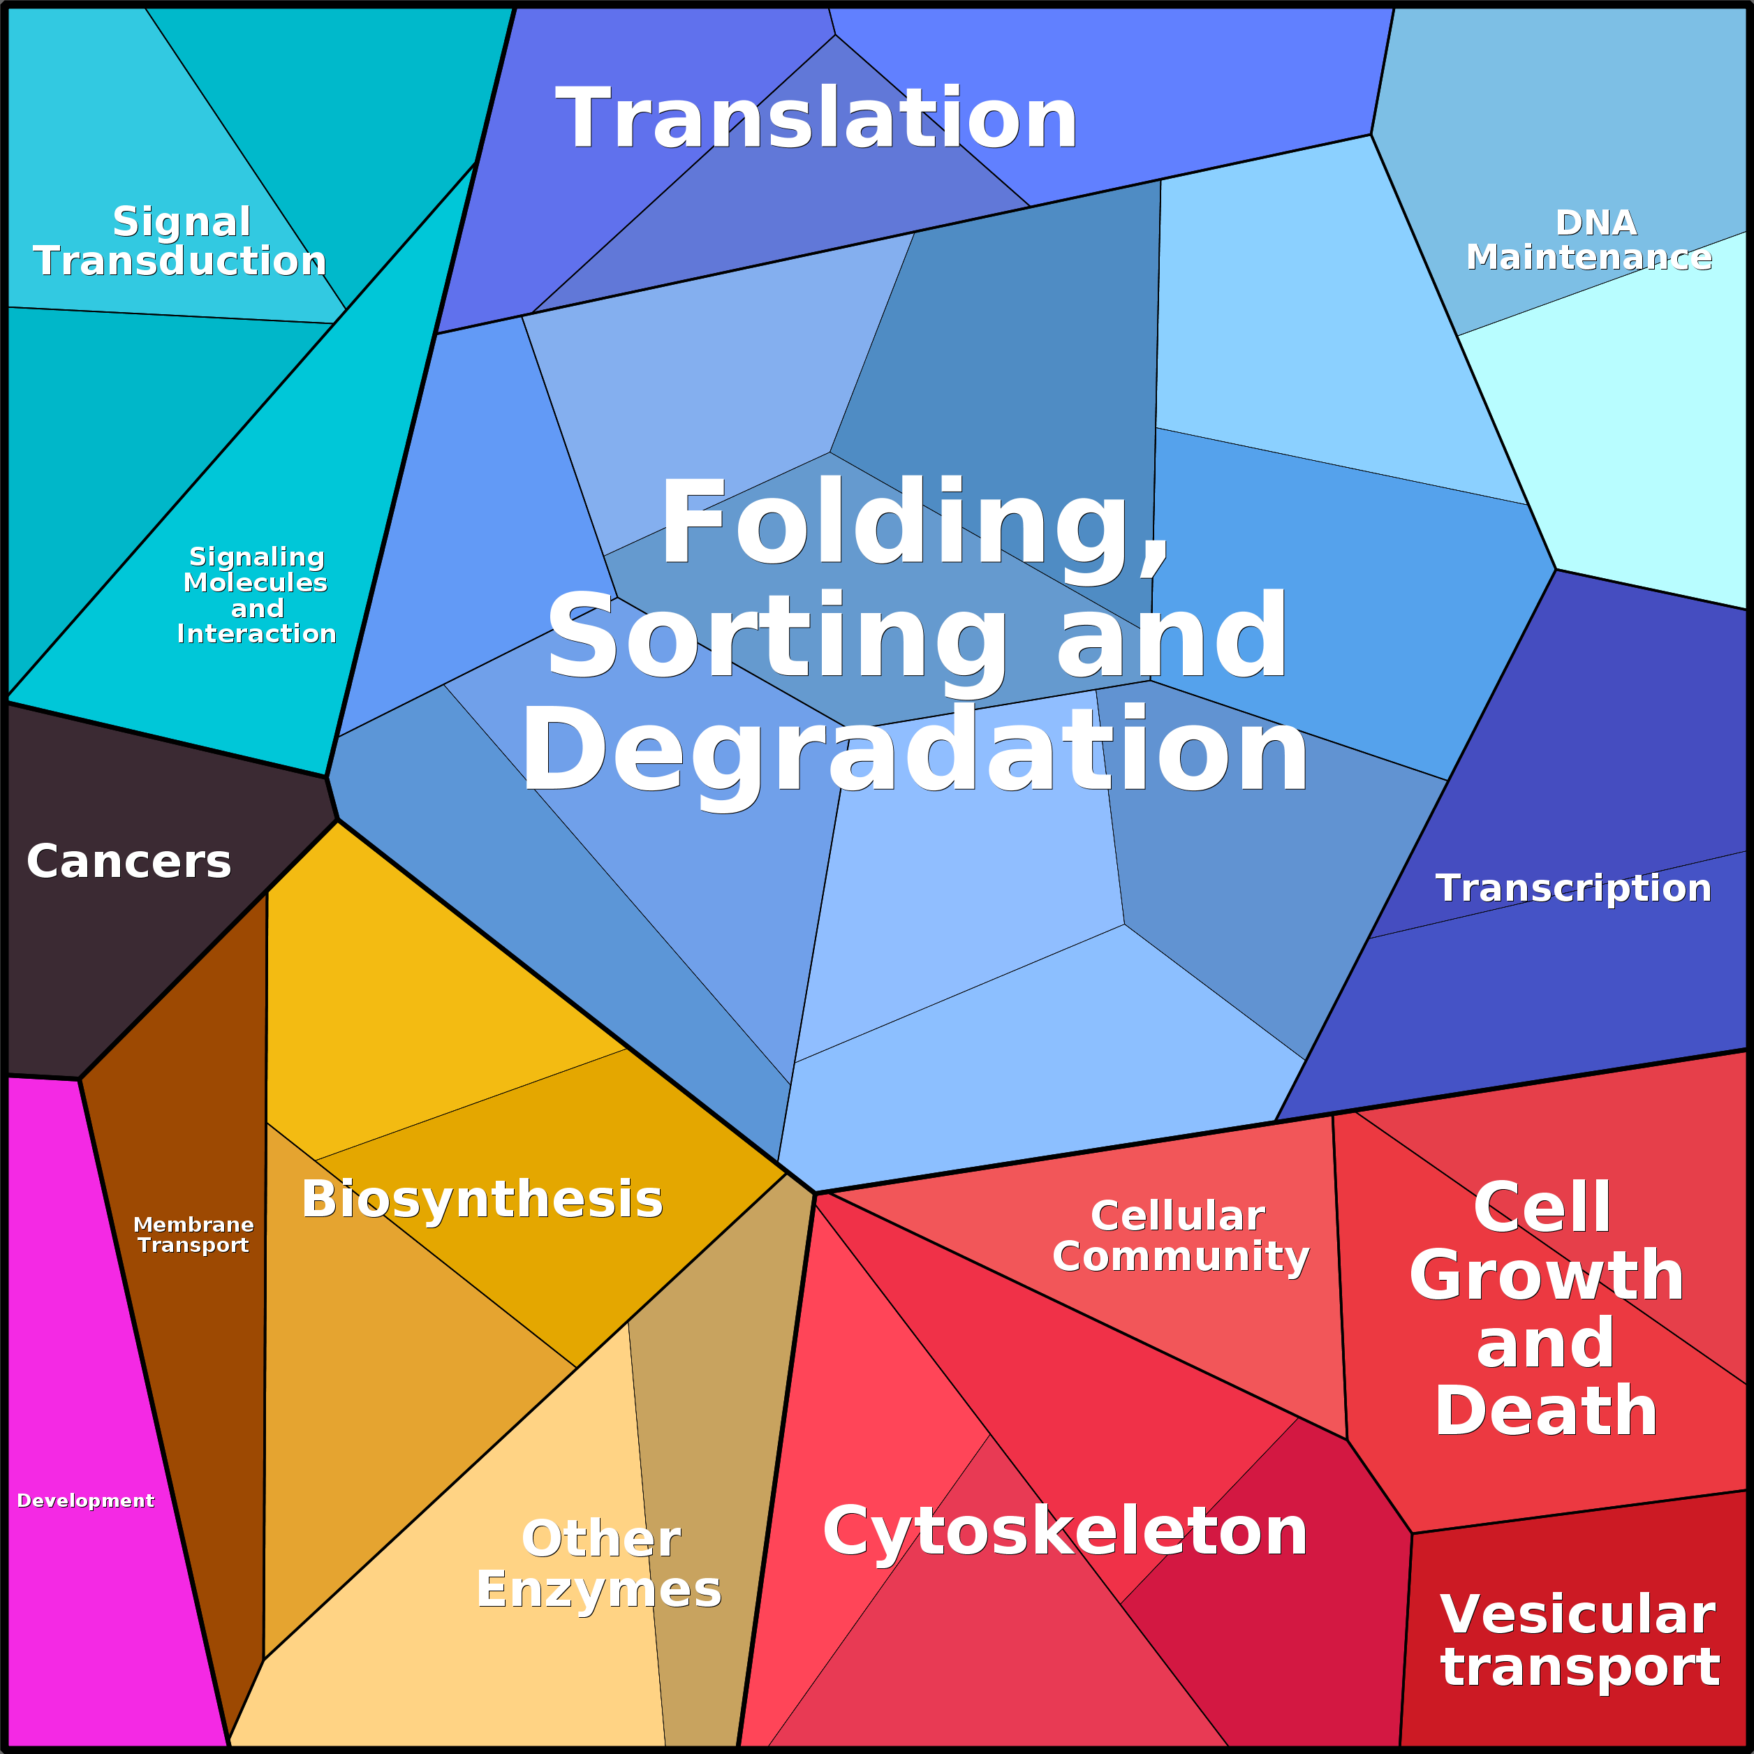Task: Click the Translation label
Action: pos(816,119)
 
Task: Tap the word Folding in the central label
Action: pos(913,525)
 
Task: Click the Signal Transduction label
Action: pos(181,242)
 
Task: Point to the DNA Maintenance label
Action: pos(1589,241)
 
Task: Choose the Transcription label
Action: pos(1573,888)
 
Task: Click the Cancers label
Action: pos(129,862)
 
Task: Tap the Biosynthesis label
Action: pos(482,1200)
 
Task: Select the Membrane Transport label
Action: pos(193,1235)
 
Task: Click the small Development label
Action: pos(85,1501)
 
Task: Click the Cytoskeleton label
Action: pos(1065,1531)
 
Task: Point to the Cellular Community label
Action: pos(1180,1236)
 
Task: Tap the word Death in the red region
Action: pos(1546,1411)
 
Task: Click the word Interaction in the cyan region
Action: pos(257,634)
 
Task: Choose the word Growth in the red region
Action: pos(1546,1276)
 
